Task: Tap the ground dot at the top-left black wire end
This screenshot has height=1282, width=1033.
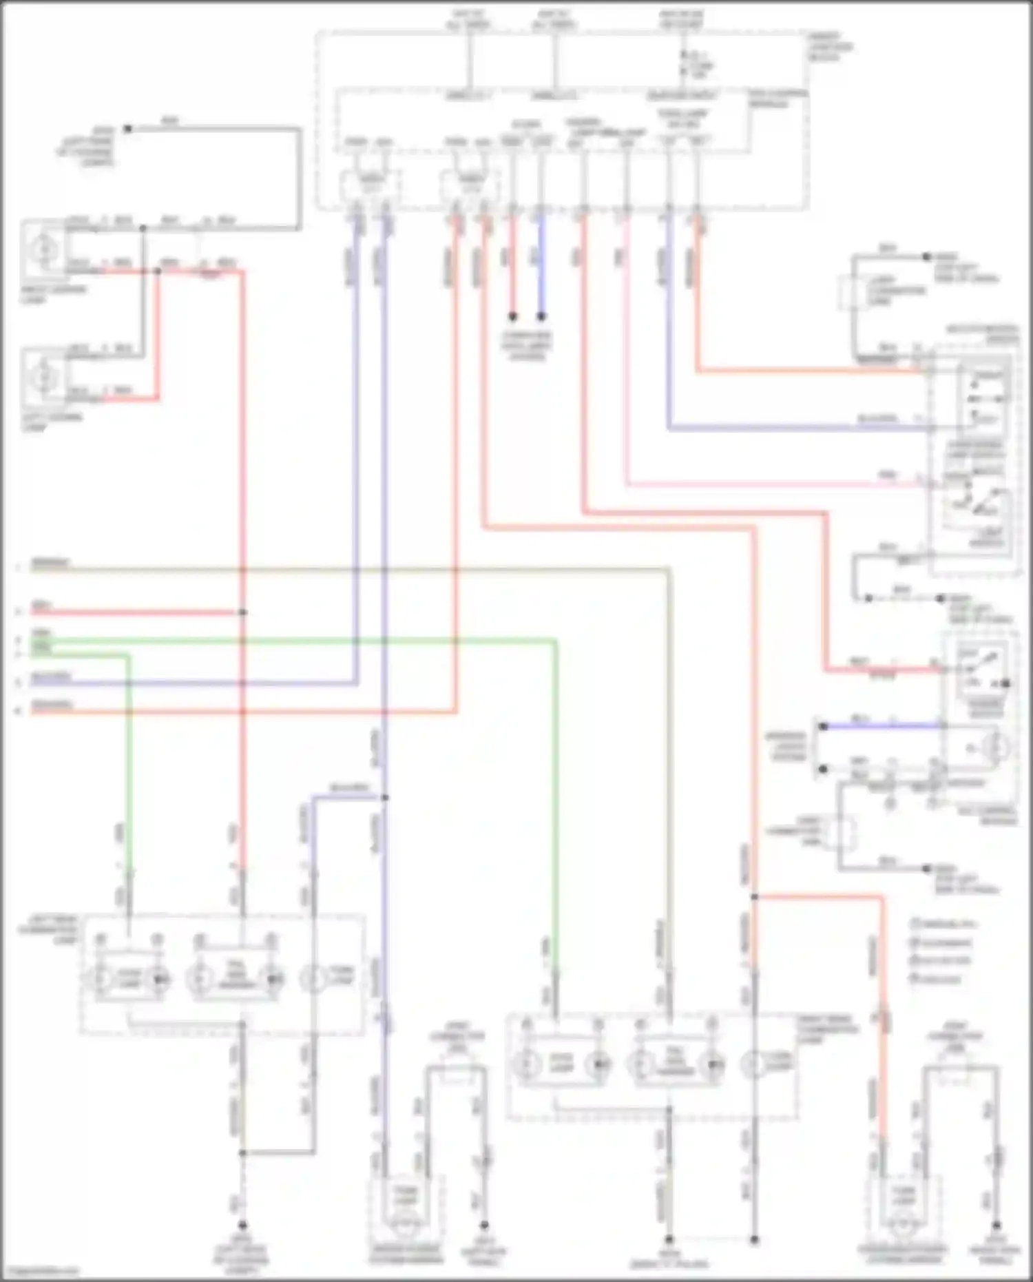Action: pos(127,129)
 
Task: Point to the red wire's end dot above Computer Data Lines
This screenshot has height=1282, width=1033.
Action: pos(512,317)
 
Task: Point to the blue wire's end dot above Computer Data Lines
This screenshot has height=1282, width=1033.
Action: pos(541,317)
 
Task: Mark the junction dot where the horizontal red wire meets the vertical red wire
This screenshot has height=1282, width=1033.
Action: pos(242,612)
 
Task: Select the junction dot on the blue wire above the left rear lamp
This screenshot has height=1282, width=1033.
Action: pos(385,798)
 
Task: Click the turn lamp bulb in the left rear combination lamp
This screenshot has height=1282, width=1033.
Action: pos(315,978)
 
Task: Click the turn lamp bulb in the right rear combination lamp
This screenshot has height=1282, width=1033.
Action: pos(754,1064)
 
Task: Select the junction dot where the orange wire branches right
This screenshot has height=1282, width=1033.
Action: pos(754,897)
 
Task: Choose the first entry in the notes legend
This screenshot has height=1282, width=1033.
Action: pos(940,924)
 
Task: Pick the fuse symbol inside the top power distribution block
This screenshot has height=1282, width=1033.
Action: pos(683,62)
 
